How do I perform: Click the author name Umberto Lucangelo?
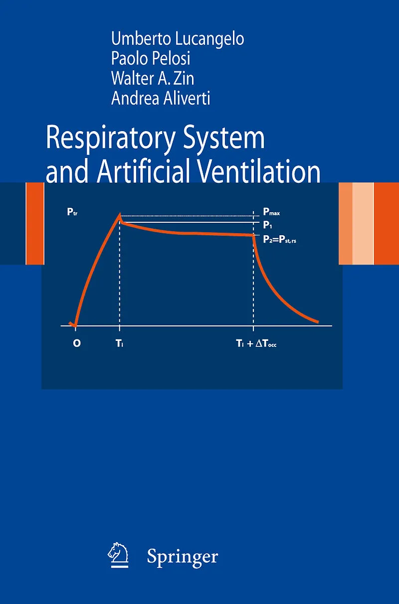click(x=178, y=38)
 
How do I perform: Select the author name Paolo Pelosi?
click(x=151, y=58)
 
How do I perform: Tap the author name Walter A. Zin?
click(x=153, y=78)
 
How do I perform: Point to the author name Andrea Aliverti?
click(x=161, y=98)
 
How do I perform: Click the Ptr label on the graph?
click(x=72, y=212)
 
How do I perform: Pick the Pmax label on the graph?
click(x=271, y=212)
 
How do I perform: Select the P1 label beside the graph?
click(x=267, y=225)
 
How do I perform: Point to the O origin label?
click(x=77, y=343)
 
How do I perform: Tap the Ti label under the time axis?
click(x=120, y=343)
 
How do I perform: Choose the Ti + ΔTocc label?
click(x=256, y=343)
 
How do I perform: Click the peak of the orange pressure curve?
click(x=119, y=214)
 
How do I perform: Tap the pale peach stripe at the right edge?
click(x=363, y=224)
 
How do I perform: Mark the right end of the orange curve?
click(x=318, y=321)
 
